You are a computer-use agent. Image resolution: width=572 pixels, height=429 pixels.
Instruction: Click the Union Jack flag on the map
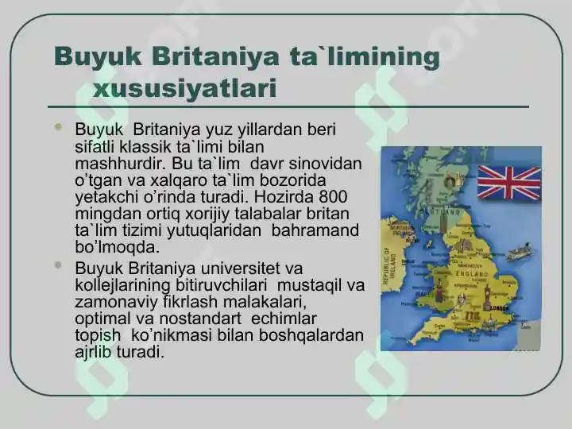coord(509,183)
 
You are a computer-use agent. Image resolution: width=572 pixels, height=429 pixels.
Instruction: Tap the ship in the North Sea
coord(519,251)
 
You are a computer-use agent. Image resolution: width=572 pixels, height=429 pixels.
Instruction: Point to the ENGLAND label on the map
coord(472,274)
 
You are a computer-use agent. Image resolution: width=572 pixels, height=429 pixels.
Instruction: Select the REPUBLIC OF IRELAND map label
coord(389,265)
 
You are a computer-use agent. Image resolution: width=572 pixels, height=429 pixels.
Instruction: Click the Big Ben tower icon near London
coord(487,298)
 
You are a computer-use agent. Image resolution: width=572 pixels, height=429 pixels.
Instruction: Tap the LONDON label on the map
coord(499,308)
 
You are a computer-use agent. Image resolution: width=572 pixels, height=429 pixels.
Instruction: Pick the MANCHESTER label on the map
coord(470,266)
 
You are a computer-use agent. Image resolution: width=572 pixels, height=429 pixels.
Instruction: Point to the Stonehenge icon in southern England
coord(471,316)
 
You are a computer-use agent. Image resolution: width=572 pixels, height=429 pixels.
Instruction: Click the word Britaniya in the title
coord(215,56)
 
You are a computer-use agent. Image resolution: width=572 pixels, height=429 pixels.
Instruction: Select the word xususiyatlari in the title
coord(184,88)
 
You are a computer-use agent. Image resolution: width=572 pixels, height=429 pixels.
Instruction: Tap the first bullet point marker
coord(58,127)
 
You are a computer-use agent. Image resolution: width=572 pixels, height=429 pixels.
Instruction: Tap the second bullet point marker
coord(58,265)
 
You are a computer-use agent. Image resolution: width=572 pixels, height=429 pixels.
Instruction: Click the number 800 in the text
coord(333,197)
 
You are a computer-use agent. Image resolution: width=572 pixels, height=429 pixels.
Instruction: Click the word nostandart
coord(200,319)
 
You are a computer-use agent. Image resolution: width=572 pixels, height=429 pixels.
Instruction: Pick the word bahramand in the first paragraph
coord(315,230)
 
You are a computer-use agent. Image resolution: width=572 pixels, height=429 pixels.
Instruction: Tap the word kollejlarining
coord(122,285)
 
